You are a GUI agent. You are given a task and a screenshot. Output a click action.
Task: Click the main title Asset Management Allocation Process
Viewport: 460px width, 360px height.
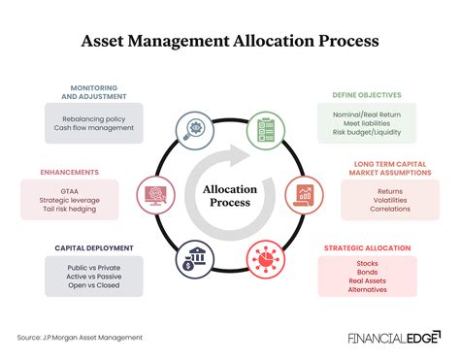click(230, 43)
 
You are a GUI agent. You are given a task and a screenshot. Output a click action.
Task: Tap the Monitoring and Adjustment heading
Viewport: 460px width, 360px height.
click(96, 92)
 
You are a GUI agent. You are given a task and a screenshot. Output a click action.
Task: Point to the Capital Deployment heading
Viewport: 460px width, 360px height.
click(93, 247)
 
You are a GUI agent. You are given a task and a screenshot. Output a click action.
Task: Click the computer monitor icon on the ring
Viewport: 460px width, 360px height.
click(154, 194)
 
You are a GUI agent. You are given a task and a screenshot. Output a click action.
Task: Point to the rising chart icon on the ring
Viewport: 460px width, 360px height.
click(303, 194)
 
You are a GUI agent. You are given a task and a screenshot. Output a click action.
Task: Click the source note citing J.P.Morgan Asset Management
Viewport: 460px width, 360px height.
click(80, 337)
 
